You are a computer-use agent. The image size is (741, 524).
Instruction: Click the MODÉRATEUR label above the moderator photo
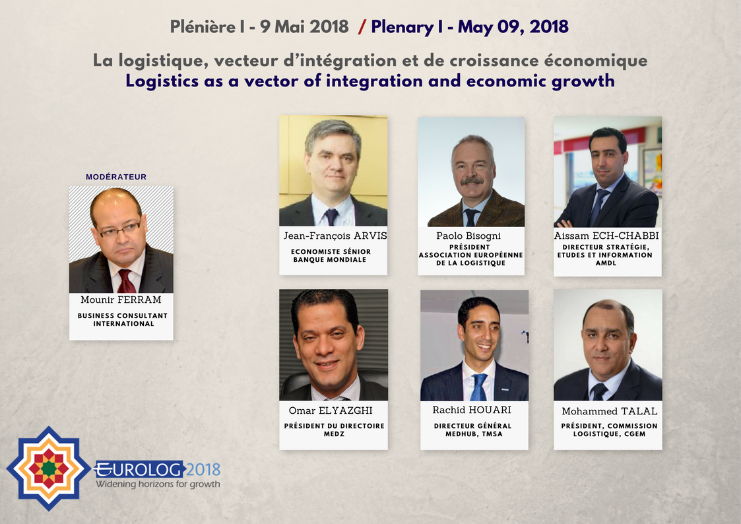(x=116, y=177)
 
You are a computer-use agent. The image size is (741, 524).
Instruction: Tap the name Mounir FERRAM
(x=121, y=300)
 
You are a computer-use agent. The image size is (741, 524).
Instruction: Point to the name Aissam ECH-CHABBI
(x=607, y=236)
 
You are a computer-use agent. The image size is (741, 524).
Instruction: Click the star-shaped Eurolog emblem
(x=48, y=468)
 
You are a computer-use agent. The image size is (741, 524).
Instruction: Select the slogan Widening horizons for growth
(x=158, y=484)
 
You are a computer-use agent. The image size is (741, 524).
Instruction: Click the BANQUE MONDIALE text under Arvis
(x=331, y=259)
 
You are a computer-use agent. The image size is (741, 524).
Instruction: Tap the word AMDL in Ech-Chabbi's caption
(x=607, y=263)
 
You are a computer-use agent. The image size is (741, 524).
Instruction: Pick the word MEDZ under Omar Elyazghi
(x=334, y=434)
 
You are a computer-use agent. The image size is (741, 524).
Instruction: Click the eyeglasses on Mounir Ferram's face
(x=120, y=229)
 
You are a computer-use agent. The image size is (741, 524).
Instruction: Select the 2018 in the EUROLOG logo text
(x=203, y=470)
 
